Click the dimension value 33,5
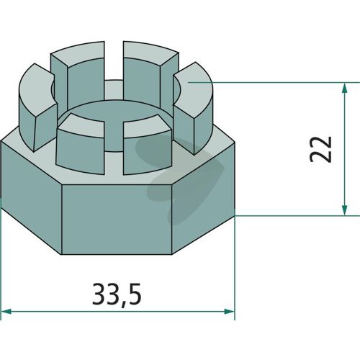pyautogui.click(x=117, y=294)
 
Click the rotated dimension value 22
pyautogui.click(x=320, y=149)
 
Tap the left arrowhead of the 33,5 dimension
pyautogui.click(x=6, y=312)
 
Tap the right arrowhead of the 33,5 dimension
pyautogui.click(x=229, y=312)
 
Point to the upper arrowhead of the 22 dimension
pyautogui.click(x=345, y=88)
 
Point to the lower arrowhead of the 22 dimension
pyautogui.click(x=345, y=210)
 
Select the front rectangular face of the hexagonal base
pyautogui.click(x=117, y=220)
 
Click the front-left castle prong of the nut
pyautogui.click(x=81, y=144)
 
